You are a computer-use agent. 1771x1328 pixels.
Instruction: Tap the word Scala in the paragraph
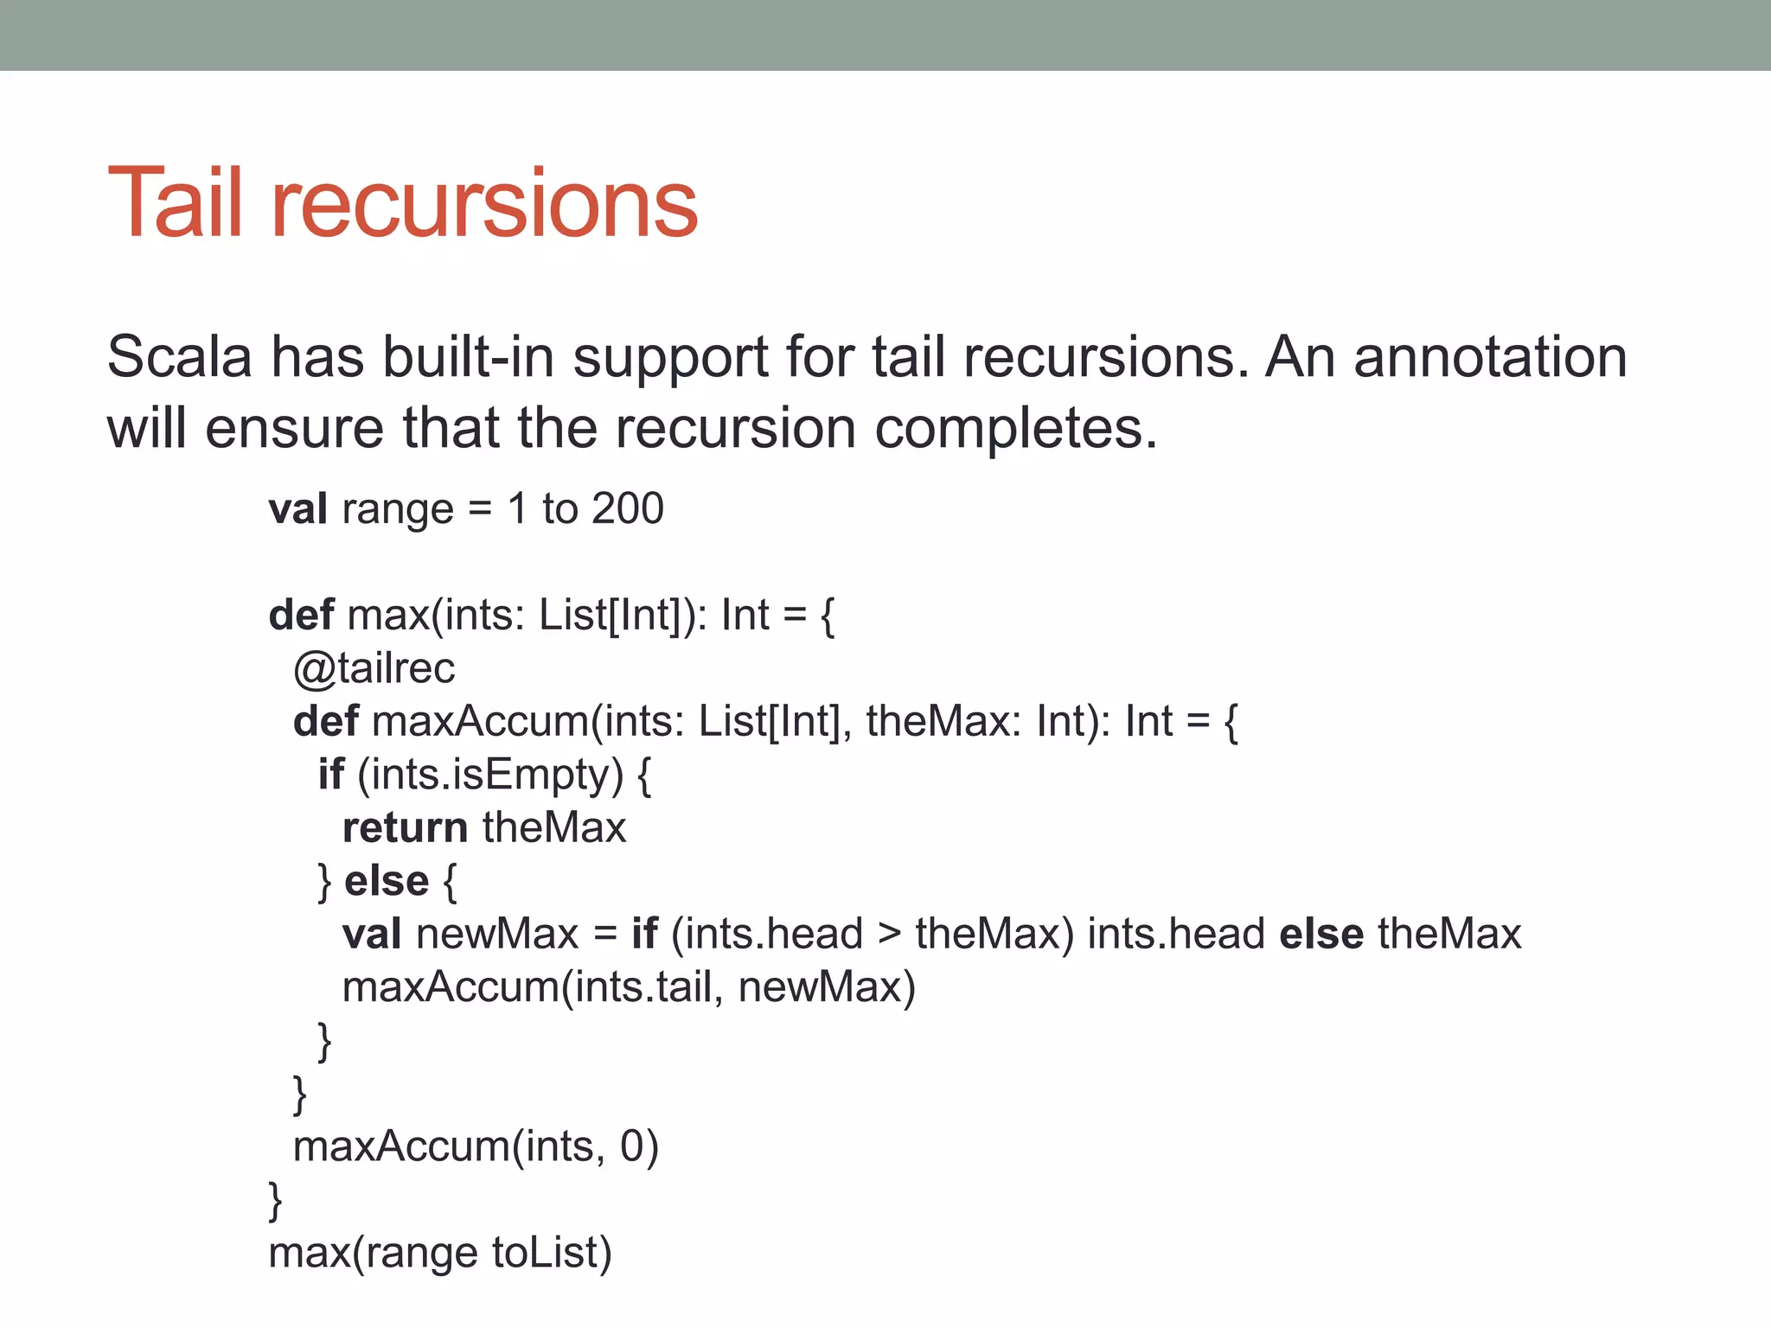(x=180, y=356)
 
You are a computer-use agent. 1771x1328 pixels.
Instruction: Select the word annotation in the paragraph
(x=1490, y=356)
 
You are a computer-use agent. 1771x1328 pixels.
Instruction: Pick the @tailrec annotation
(x=374, y=668)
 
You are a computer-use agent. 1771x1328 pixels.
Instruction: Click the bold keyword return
(x=405, y=827)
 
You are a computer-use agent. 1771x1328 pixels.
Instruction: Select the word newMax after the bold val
(x=497, y=934)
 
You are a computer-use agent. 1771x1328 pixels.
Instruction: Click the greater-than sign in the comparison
(x=889, y=935)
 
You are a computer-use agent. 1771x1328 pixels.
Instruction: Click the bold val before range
(x=297, y=508)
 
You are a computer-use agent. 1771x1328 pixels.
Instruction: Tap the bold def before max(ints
(x=301, y=615)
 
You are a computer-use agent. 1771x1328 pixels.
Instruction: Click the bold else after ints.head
(x=1320, y=934)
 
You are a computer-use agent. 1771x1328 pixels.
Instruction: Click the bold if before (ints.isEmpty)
(x=330, y=774)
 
